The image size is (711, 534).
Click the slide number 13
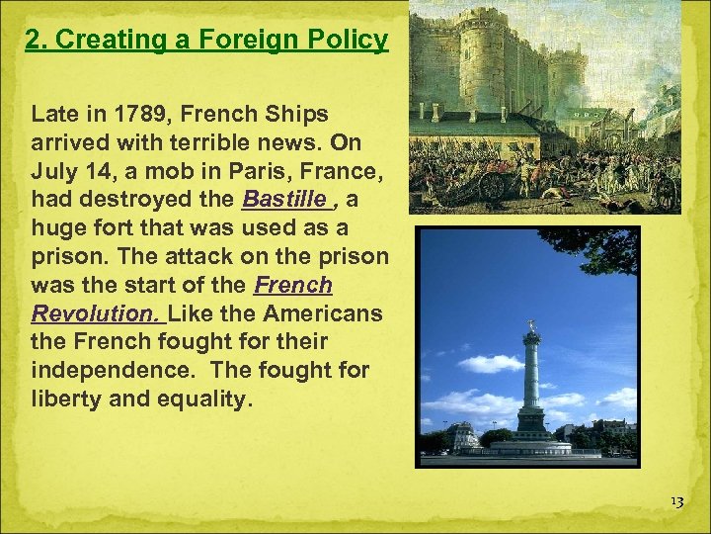click(x=675, y=502)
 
